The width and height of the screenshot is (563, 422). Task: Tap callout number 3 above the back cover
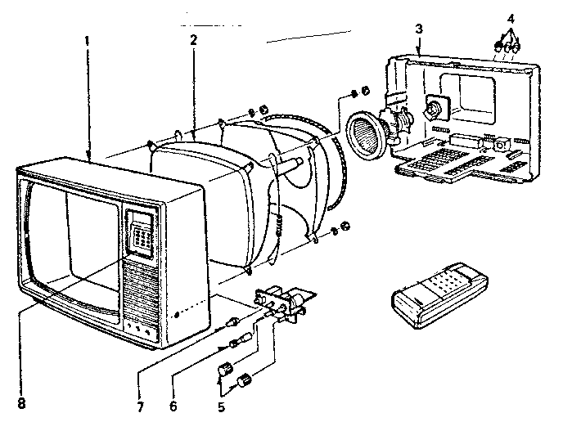418,29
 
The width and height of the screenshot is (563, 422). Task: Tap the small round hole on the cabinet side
176,315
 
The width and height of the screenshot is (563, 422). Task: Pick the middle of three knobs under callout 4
507,47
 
